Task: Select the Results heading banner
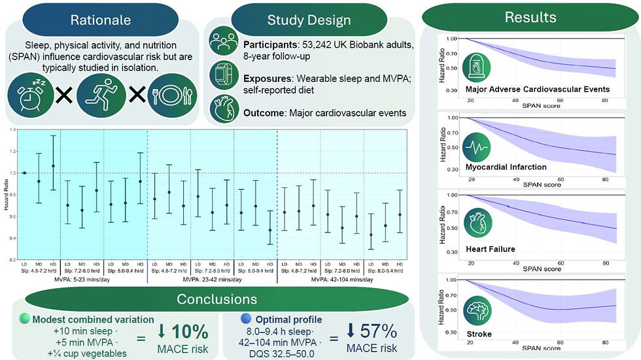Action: click(530, 17)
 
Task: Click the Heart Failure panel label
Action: click(490, 249)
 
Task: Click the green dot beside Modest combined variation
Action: click(24, 319)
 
